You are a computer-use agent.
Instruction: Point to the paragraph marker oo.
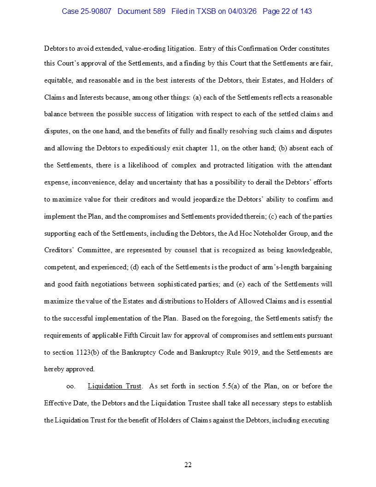coord(71,386)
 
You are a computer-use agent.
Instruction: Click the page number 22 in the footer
coord(188,465)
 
